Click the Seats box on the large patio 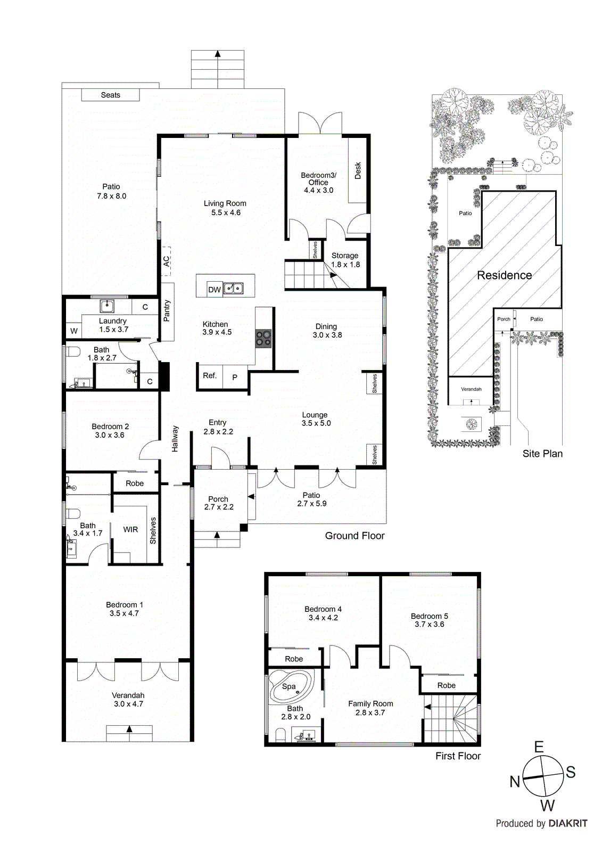110,95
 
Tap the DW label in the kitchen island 214,290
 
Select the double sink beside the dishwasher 233,289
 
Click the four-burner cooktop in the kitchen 263,338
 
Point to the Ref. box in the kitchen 210,376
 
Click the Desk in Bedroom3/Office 358,170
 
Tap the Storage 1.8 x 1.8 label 345,260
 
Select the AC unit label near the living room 167,261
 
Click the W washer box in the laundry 73,331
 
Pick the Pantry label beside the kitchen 167,311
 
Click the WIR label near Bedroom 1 130,529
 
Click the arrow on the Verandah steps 129,730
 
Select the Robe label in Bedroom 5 446,685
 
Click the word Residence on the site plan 504,275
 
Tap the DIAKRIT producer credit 567,823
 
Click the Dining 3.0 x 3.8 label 327,331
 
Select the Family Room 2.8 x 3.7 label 370,708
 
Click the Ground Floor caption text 354,536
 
